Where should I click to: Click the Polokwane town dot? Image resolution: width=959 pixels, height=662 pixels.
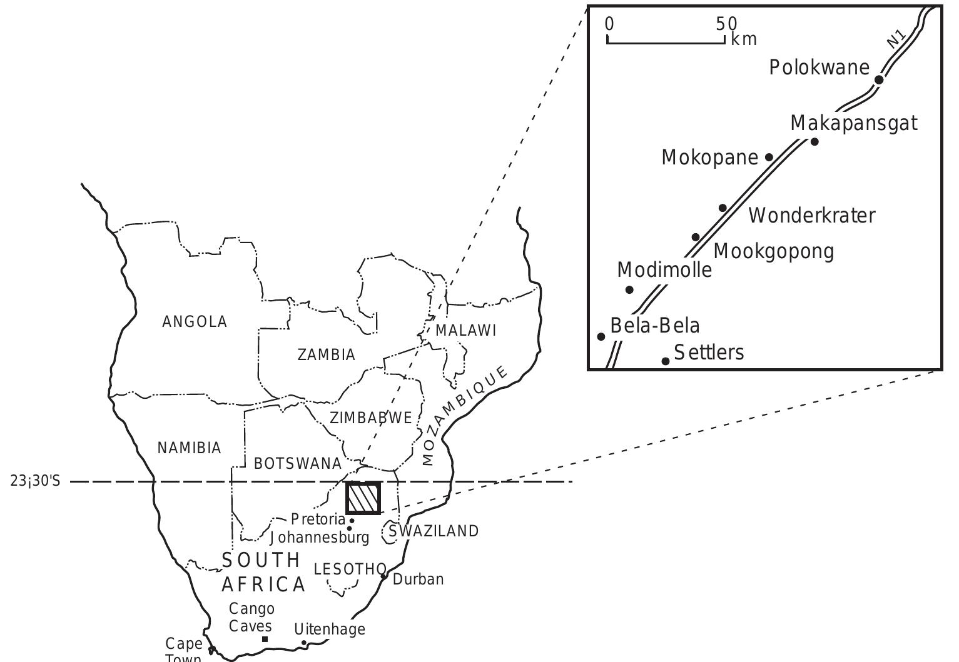point(879,79)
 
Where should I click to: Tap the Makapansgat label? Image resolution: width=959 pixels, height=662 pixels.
point(854,123)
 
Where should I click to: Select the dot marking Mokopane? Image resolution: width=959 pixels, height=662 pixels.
point(769,157)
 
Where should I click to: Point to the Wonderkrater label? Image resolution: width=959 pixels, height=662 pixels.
point(812,216)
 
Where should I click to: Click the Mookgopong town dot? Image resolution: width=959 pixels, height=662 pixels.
point(696,237)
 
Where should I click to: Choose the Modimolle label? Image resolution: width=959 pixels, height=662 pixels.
point(664,271)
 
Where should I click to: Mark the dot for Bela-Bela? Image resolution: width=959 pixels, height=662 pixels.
point(601,336)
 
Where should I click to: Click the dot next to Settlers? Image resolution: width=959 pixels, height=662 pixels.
point(666,361)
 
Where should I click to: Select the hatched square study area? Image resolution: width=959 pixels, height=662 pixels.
point(363,498)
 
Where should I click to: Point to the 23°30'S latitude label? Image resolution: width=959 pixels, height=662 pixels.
point(36,482)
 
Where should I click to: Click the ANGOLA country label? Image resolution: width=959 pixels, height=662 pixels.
point(195,322)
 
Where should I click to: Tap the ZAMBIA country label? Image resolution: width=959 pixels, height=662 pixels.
point(326,355)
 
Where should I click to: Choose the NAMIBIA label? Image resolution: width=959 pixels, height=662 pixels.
point(189,448)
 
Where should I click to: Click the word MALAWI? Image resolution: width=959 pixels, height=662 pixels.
point(465,331)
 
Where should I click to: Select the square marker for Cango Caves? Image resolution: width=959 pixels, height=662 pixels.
point(265,639)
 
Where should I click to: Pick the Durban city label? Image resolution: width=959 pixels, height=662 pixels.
point(418,579)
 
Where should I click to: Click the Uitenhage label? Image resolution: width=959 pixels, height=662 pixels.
point(330,629)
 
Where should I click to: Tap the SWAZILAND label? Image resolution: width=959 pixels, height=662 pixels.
point(434,531)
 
